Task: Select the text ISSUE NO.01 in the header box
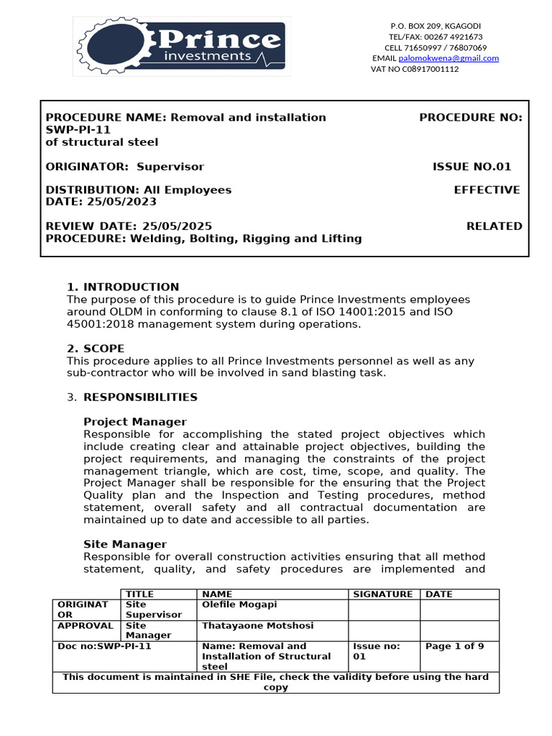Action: tap(471, 167)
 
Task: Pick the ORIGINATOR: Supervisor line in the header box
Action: tap(125, 167)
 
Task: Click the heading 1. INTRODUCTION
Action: tap(123, 287)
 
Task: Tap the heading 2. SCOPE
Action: tap(96, 349)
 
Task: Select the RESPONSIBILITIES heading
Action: tap(141, 397)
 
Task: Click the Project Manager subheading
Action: tap(135, 422)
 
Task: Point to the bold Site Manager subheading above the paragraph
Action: tap(125, 545)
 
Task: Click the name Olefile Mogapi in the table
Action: tap(239, 604)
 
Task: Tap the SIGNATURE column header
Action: tap(383, 594)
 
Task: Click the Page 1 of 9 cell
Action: tap(455, 646)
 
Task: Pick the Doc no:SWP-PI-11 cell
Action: tap(105, 646)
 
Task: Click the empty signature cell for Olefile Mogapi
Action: tap(384, 609)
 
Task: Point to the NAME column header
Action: tap(218, 594)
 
